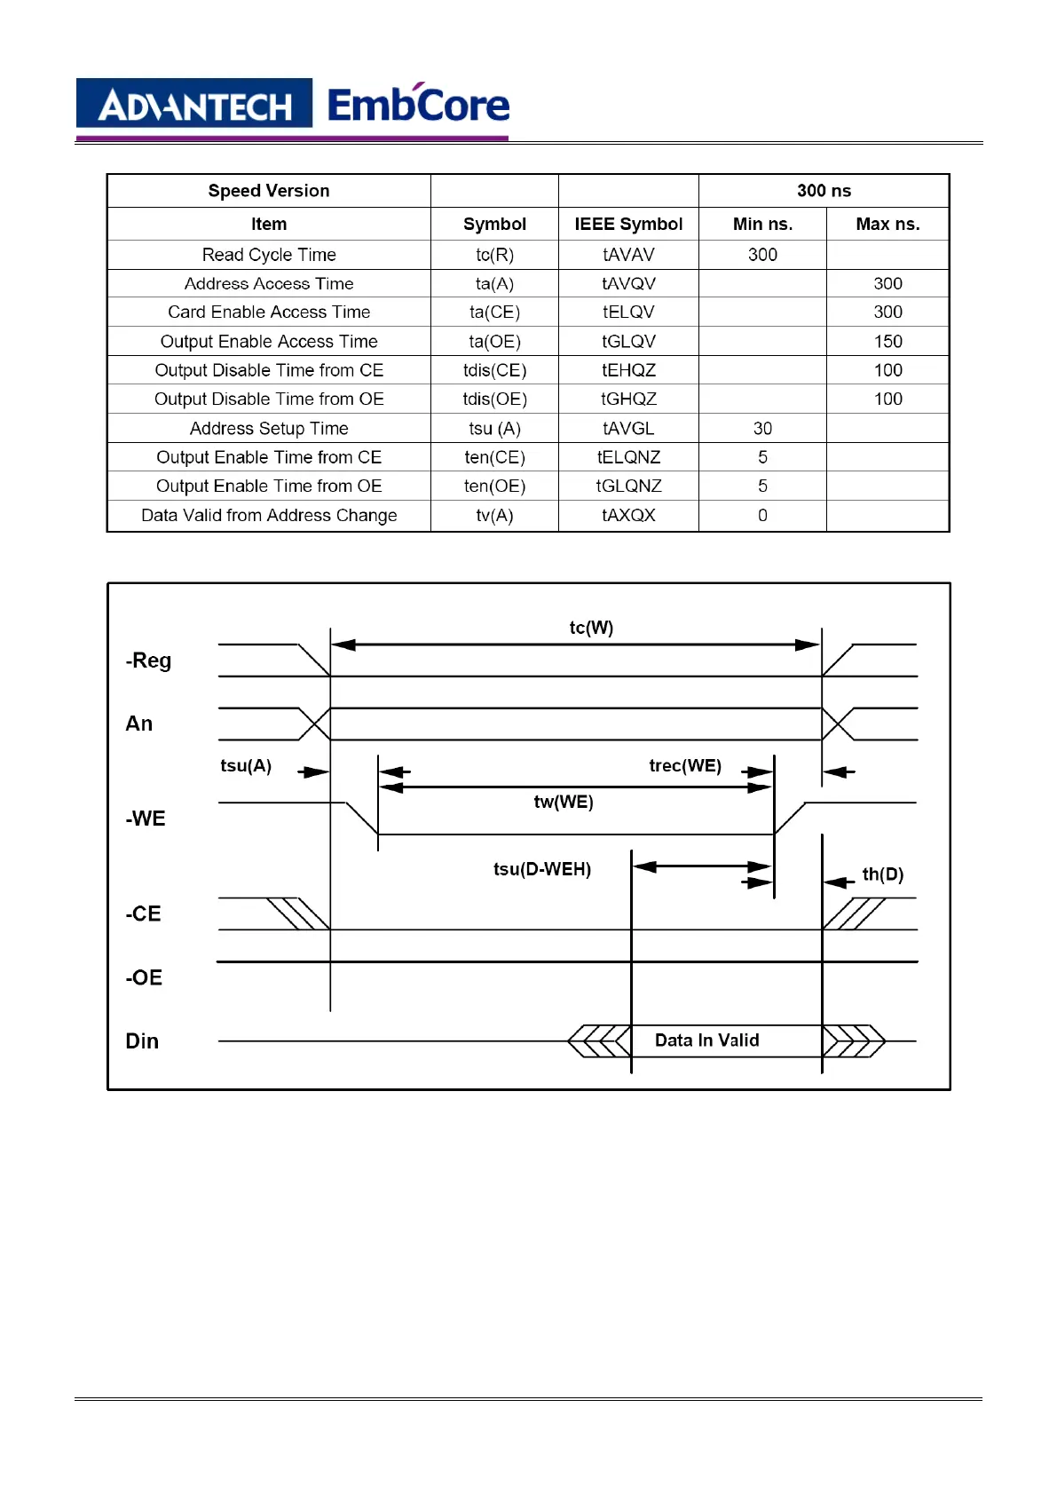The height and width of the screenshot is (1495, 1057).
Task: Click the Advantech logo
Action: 194,104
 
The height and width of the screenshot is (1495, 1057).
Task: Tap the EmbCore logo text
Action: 418,105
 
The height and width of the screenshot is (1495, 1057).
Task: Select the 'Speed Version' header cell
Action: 268,191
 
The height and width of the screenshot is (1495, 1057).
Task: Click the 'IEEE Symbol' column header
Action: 628,224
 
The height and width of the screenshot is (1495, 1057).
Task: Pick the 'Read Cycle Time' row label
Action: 269,255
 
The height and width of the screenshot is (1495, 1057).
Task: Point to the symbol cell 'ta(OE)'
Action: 494,342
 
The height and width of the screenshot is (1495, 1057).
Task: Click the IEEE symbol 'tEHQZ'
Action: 628,370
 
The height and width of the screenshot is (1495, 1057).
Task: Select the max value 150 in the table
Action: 887,342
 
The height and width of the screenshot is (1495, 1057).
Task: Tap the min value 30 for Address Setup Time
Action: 762,429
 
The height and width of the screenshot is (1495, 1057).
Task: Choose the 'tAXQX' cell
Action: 628,516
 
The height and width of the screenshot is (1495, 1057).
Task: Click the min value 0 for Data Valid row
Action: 762,516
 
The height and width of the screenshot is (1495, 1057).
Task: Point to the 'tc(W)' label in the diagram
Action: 591,628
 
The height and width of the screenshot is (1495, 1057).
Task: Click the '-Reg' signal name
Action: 148,660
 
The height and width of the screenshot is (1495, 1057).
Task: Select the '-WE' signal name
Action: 146,819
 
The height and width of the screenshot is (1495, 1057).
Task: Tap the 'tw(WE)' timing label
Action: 564,803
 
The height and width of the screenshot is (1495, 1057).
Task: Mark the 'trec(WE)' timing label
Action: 685,766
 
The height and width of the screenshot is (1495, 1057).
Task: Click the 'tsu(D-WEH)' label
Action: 542,869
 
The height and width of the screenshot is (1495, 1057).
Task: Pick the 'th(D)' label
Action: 883,875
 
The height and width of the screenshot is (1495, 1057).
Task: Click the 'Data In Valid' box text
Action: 706,1040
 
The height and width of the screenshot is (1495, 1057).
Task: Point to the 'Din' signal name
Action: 142,1041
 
